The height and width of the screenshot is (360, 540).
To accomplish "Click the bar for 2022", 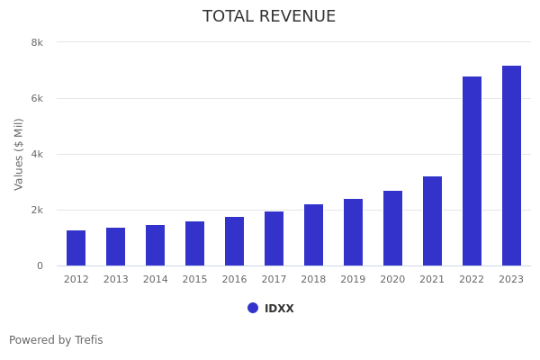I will click(472, 171).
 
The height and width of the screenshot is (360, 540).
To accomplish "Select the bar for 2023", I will click(511, 166).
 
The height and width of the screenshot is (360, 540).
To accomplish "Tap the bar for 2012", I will click(76, 248).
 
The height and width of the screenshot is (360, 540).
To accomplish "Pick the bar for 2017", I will click(274, 238).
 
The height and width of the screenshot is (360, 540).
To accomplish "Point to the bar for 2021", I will click(432, 221).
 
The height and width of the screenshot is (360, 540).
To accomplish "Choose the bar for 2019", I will click(353, 232).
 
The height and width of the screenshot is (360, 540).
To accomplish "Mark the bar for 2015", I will click(194, 244).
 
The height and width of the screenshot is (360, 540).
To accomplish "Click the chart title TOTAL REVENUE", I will click(269, 17).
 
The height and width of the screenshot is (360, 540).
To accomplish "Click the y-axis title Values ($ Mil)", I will click(19, 154).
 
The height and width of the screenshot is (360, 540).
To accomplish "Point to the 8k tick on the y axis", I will click(37, 42).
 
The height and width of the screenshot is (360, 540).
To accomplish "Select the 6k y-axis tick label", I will click(37, 98).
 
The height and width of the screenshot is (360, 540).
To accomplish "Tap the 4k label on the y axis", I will click(37, 154).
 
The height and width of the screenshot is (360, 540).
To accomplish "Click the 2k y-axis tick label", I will click(37, 210).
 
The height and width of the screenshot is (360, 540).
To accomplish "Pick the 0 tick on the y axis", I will click(40, 265).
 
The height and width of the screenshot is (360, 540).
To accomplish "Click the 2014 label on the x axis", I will click(155, 280).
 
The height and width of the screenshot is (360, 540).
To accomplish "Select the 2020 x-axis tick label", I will click(392, 280).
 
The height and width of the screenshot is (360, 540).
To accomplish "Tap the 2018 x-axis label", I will click(313, 280).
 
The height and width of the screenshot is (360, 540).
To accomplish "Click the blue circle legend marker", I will click(253, 308).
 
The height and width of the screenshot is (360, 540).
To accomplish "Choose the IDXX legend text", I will click(279, 309).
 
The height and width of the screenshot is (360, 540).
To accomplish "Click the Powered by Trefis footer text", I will click(56, 340).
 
